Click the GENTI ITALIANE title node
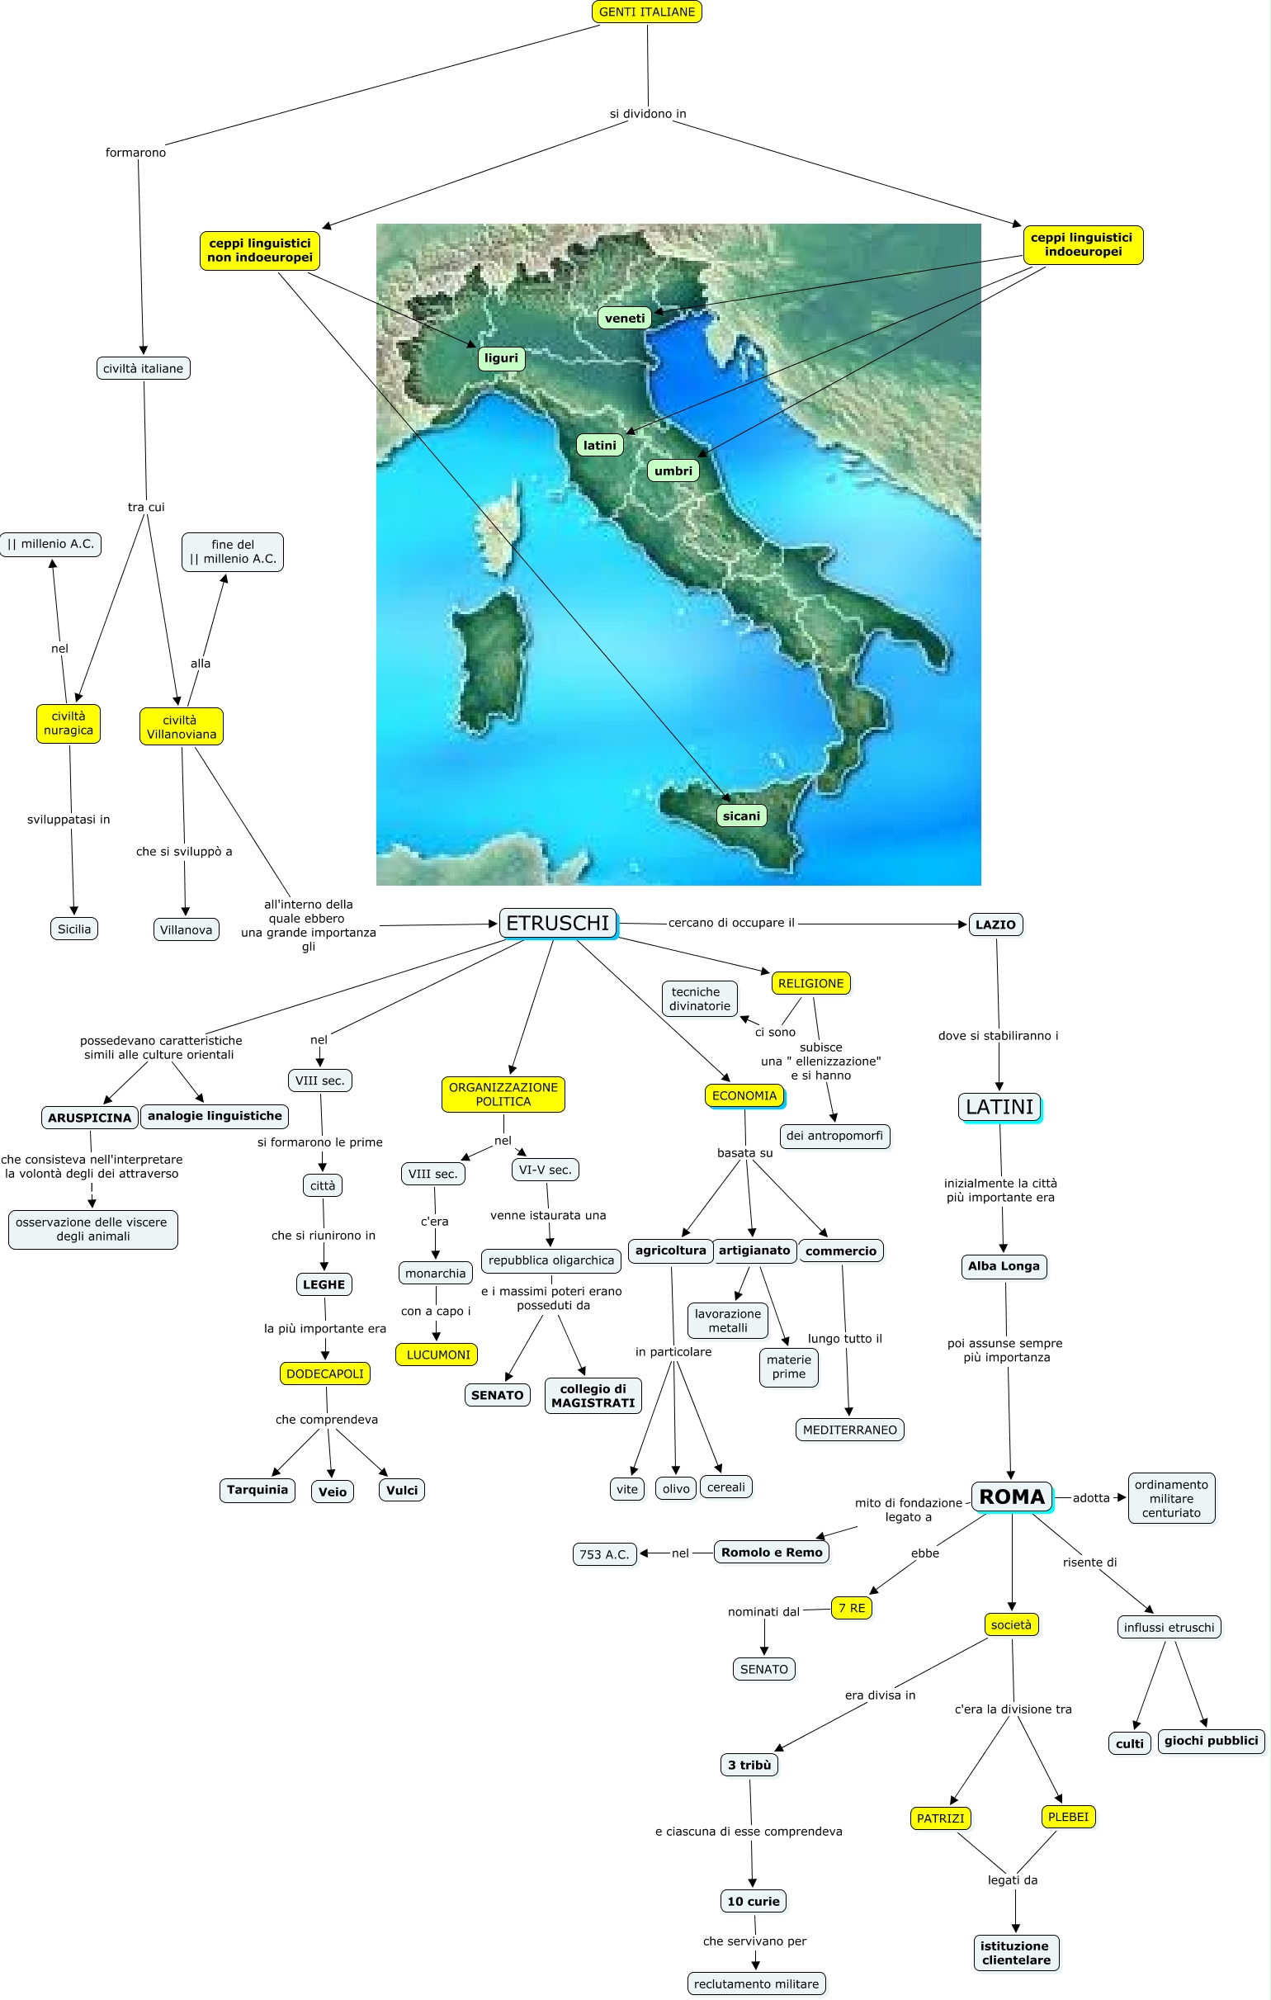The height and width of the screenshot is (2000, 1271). [646, 12]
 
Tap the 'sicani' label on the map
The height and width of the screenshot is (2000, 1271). [741, 816]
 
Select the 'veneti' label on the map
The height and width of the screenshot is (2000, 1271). [625, 318]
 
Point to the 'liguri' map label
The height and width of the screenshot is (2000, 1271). [501, 358]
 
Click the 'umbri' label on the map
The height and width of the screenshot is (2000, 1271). [673, 471]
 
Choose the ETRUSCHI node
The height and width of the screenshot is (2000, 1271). [557, 923]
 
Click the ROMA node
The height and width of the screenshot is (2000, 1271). [1011, 1496]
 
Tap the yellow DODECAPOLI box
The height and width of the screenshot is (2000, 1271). [325, 1374]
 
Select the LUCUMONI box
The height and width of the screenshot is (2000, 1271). [437, 1355]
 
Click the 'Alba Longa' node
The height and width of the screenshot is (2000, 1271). [1004, 1265]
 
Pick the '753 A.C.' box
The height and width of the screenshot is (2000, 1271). [604, 1554]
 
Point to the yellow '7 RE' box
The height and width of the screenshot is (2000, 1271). [852, 1608]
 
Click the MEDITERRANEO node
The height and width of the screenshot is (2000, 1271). [849, 1430]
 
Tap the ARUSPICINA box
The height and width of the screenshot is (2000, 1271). [90, 1117]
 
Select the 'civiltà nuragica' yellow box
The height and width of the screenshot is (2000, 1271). [69, 723]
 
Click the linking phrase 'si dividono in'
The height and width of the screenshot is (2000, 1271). [648, 114]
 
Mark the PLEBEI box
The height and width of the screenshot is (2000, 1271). [1067, 1817]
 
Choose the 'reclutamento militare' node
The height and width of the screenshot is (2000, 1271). [756, 1983]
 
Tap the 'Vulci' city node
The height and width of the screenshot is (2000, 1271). [402, 1490]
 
